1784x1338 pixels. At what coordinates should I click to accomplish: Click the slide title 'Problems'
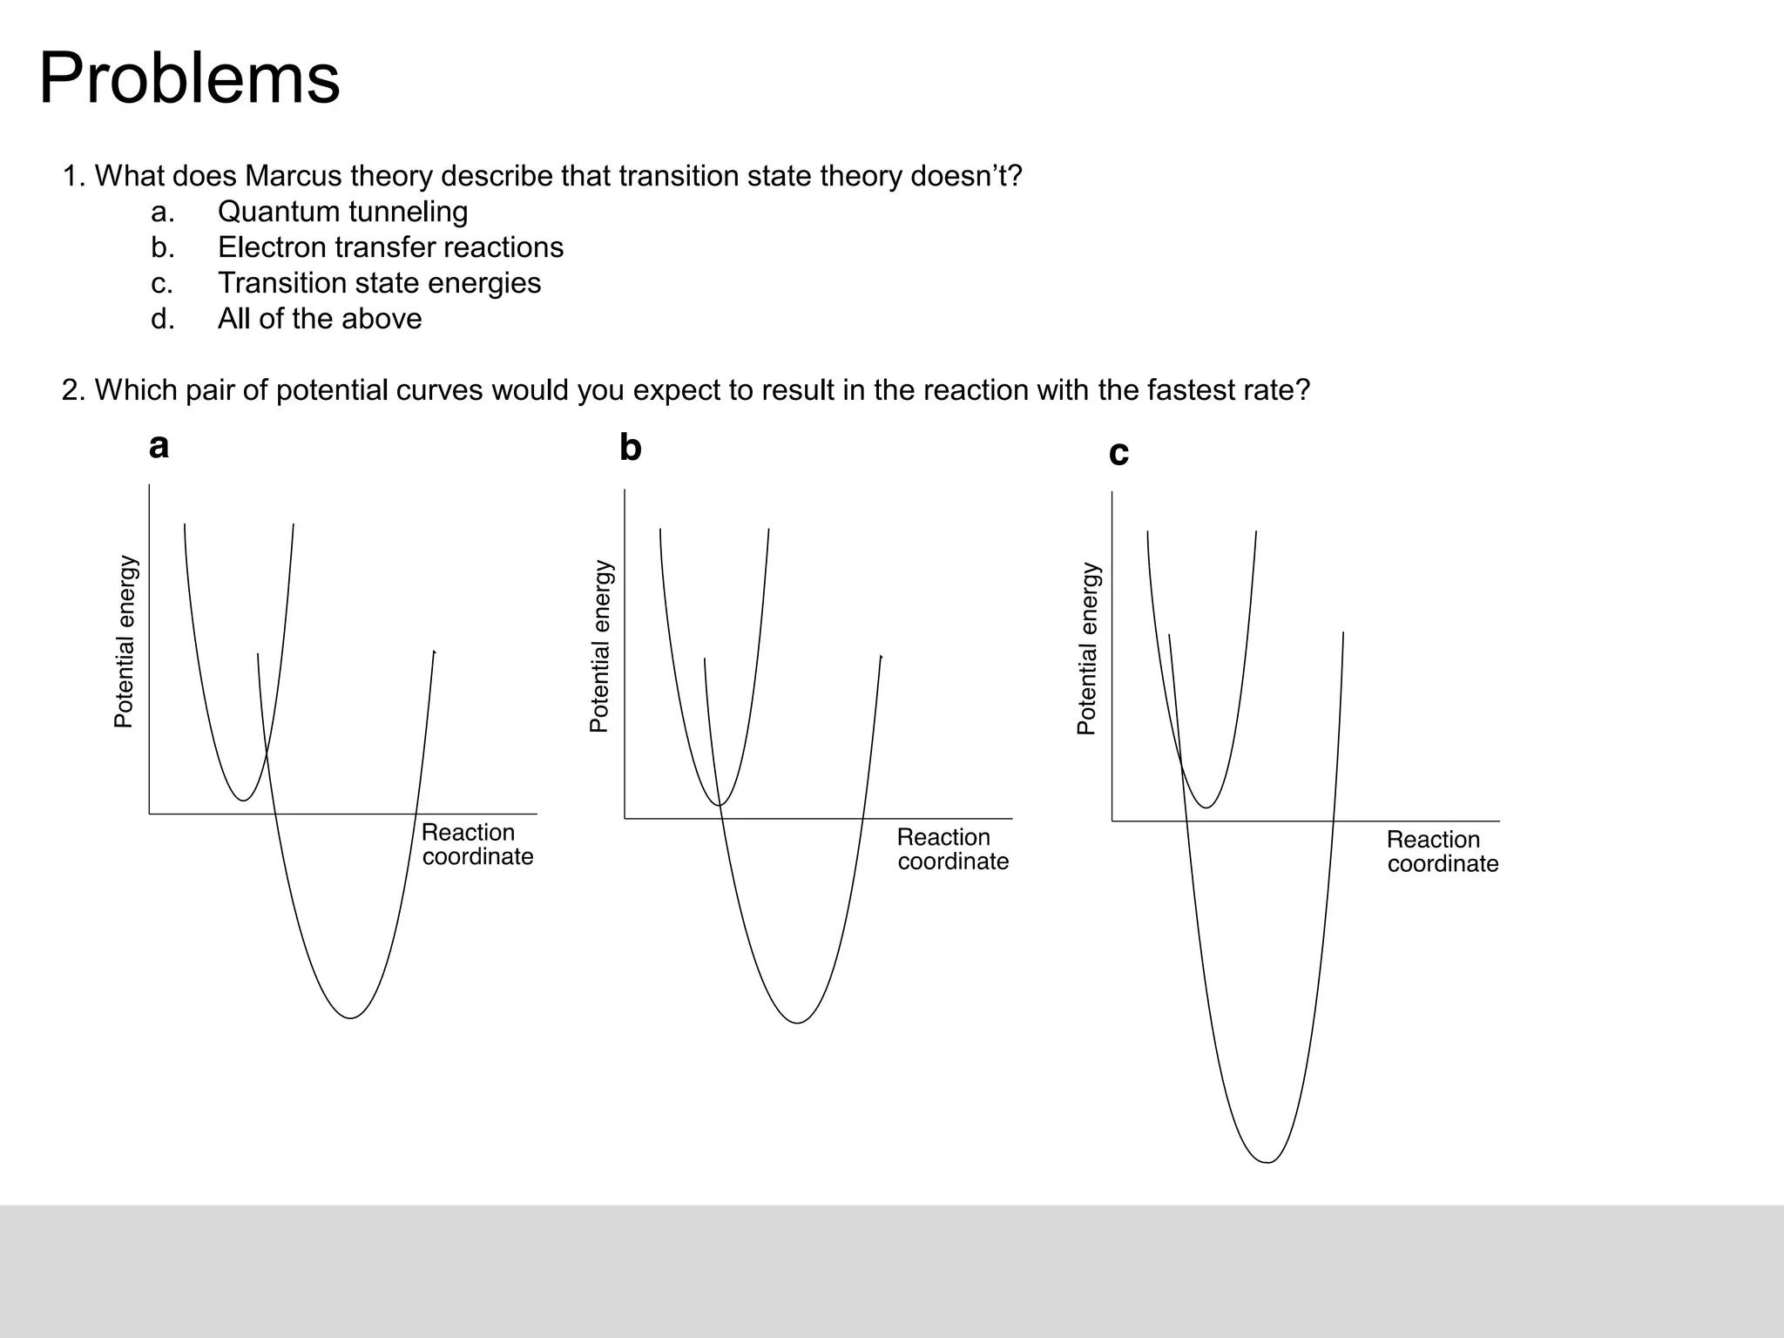[189, 78]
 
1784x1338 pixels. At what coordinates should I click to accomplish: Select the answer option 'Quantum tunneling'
[342, 212]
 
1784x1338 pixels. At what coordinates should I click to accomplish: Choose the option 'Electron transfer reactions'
[390, 247]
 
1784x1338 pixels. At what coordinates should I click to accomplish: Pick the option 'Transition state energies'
[379, 283]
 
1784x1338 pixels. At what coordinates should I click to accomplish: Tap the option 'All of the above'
[320, 319]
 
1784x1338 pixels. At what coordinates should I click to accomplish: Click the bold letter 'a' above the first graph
[159, 447]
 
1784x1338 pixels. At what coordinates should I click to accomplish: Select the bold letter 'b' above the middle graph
[630, 448]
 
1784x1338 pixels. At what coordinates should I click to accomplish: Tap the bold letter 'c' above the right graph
[1118, 453]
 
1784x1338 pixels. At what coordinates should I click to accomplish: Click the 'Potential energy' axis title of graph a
[125, 642]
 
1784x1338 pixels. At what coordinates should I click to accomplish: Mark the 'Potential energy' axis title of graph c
[1087, 649]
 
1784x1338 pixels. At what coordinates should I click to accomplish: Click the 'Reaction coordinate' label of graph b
[952, 849]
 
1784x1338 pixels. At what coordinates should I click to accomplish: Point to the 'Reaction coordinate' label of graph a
[476, 845]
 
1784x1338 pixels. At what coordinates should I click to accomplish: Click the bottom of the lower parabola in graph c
[1267, 1162]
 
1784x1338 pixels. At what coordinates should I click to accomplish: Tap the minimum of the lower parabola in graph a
[350, 1017]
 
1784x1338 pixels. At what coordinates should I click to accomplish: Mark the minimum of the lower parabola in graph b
[797, 1023]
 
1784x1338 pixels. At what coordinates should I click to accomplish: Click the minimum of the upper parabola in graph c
[1206, 808]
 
